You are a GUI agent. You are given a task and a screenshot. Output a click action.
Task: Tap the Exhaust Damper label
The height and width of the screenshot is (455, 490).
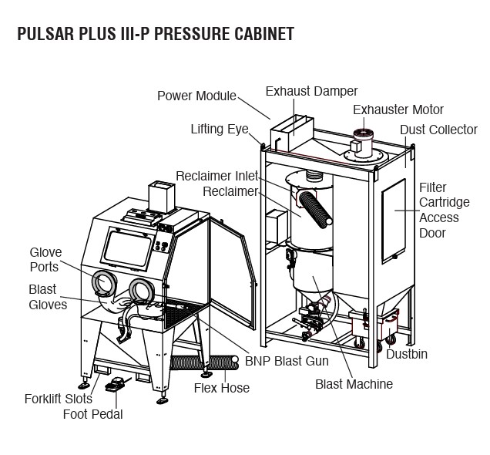(311, 91)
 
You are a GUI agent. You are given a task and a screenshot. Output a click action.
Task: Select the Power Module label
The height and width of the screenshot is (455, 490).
(196, 96)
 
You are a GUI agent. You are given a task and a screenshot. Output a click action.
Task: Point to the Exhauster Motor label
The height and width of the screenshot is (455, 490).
(398, 110)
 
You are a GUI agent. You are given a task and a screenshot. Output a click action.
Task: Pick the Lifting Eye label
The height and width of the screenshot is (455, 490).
(220, 129)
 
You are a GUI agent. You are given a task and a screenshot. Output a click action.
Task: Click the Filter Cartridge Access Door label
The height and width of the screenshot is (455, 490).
(438, 210)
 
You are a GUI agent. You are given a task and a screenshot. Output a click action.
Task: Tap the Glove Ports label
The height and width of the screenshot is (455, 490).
(45, 259)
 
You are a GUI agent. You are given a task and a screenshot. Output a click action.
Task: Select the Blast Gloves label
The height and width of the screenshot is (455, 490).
(48, 297)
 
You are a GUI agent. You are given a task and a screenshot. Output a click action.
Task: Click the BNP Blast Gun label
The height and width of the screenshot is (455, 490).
(287, 361)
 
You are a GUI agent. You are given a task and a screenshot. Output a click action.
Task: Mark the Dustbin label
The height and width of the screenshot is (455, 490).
(407, 355)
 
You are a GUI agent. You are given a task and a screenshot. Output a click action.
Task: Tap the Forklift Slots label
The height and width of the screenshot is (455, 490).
(58, 399)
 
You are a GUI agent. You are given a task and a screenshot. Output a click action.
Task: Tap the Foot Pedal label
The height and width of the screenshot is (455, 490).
(92, 414)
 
